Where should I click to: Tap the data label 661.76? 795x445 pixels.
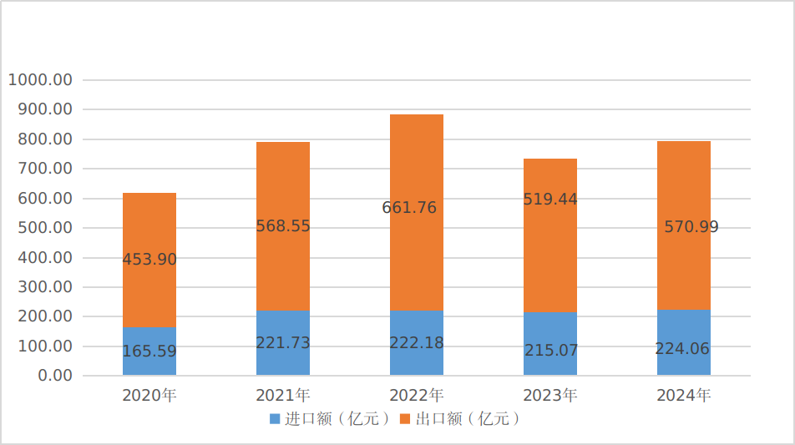[409, 208]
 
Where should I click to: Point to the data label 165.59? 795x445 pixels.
[149, 351]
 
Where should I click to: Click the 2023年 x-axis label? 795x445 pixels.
[550, 395]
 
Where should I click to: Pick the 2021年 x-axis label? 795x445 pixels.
[283, 395]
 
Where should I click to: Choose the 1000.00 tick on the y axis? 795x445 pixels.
[40, 80]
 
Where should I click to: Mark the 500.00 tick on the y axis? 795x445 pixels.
[43, 228]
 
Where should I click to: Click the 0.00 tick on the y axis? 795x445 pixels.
[55, 376]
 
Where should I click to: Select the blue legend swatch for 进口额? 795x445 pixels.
[275, 419]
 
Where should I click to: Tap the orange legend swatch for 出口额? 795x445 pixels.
[405, 419]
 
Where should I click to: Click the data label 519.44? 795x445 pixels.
[550, 200]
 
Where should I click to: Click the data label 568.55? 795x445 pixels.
[283, 226]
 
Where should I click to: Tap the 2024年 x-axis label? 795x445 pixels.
[684, 395]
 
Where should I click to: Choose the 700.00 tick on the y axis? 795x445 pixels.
[43, 169]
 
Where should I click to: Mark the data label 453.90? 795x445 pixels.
[149, 260]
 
